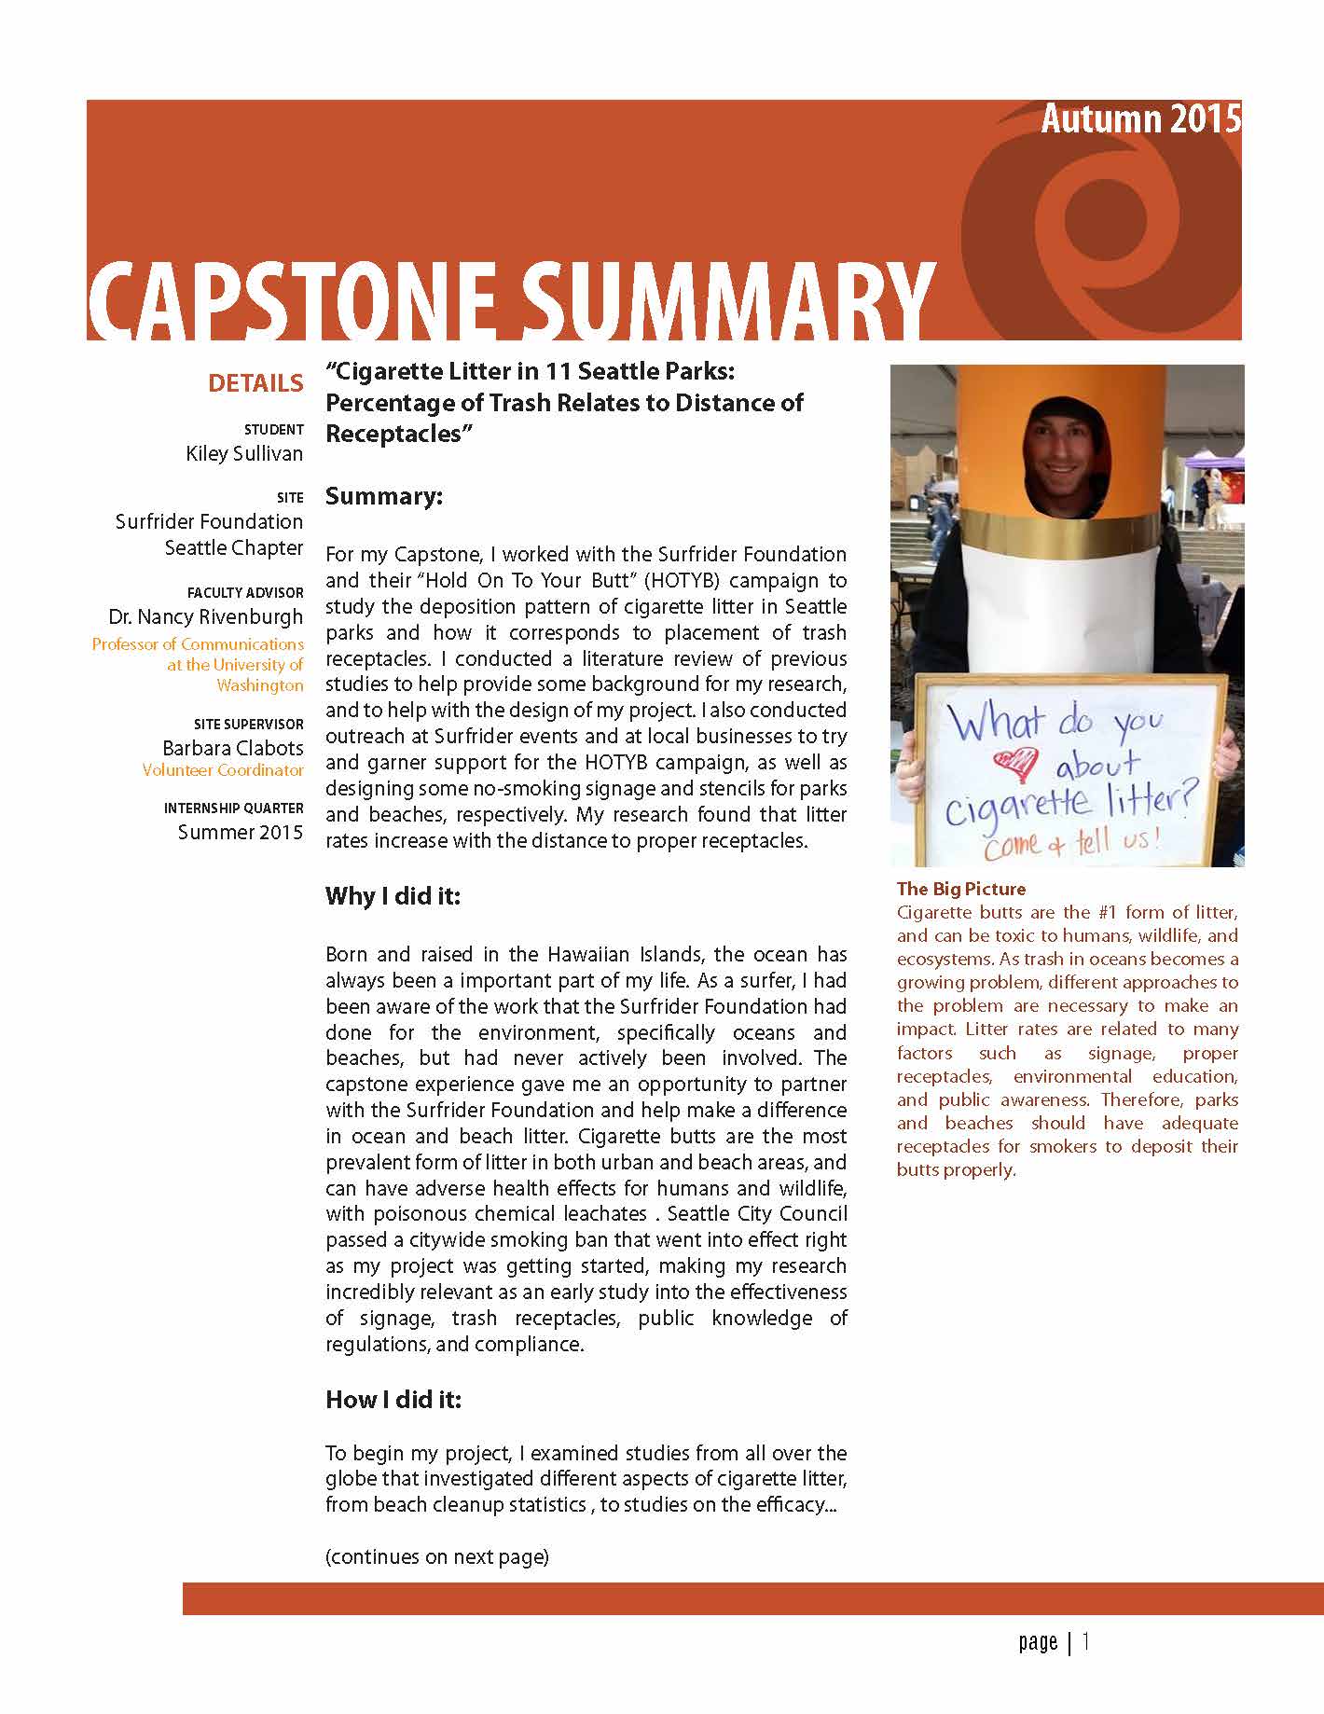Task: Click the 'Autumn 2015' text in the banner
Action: click(1140, 119)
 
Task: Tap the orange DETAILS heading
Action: click(255, 383)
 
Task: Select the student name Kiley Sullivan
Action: click(244, 454)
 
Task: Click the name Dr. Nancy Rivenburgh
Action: click(206, 616)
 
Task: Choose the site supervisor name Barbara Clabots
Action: click(233, 748)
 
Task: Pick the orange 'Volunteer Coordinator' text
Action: click(223, 770)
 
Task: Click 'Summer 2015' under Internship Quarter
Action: click(241, 832)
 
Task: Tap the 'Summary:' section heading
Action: click(384, 496)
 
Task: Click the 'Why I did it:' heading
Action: click(393, 896)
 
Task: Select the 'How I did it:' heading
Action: click(393, 1400)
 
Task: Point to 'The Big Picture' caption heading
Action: click(961, 889)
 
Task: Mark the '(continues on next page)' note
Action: click(436, 1556)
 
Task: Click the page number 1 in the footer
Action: click(1086, 1641)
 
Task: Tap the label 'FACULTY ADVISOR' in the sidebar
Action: click(245, 592)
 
